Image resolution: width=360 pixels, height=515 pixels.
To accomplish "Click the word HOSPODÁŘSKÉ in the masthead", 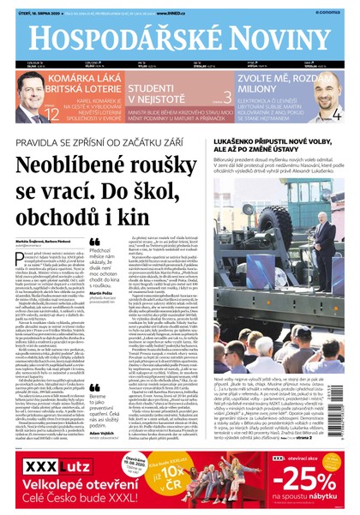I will click(119, 38).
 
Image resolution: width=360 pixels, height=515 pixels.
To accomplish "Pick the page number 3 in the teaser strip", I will click(226, 97).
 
